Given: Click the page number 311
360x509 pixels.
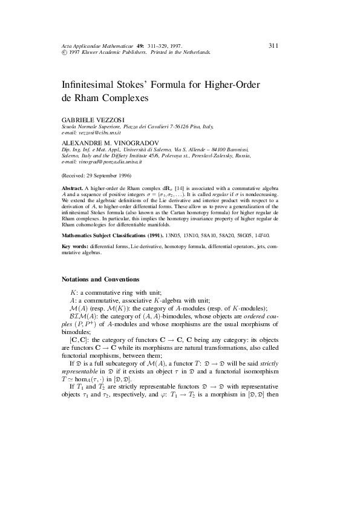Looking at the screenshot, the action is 273,45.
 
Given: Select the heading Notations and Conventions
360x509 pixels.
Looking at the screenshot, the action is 101,279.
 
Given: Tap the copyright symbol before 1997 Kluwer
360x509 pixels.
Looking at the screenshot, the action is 65,53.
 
